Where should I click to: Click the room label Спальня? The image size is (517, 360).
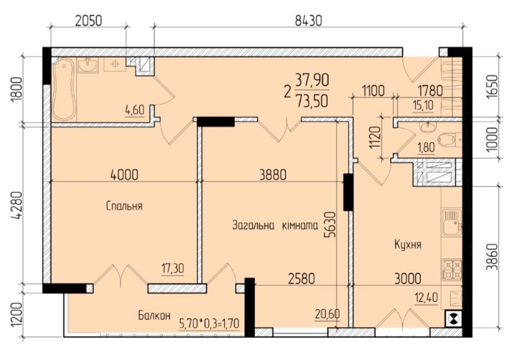click(124, 206)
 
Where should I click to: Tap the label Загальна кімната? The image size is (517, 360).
click(275, 226)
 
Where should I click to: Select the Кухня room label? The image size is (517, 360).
click(408, 244)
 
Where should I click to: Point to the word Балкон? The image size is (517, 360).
click(154, 316)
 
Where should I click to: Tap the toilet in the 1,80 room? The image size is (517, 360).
click(450, 140)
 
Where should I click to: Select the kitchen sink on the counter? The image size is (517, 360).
click(452, 223)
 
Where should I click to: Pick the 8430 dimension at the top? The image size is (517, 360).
click(308, 21)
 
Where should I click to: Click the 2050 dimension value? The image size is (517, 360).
click(88, 21)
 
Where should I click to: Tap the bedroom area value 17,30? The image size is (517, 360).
click(173, 269)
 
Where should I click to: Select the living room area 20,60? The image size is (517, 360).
click(328, 314)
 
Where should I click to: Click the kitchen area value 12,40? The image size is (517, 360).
click(426, 298)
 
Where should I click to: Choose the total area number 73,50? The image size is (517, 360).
click(312, 102)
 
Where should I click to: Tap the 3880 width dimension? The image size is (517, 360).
click(273, 174)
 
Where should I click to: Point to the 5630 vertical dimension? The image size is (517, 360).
click(330, 224)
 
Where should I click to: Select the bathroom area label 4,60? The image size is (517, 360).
click(135, 110)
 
